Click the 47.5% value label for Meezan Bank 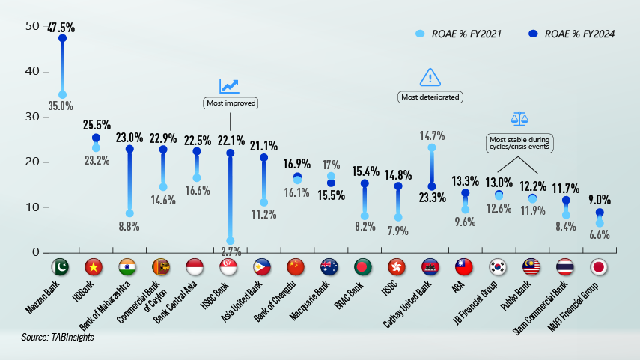pos(61,28)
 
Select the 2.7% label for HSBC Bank pos(230,252)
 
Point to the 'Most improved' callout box pos(230,103)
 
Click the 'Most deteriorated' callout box pos(430,97)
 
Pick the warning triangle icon pos(430,77)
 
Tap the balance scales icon pos(519,118)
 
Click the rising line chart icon pos(229,86)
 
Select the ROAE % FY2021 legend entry pos(457,34)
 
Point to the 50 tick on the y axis pos(31,27)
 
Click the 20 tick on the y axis pos(31,162)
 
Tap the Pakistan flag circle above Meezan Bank pos(61,267)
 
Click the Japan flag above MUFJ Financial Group pos(599,267)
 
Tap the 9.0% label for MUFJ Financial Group pos(599,200)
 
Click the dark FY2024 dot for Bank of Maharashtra pos(129,149)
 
